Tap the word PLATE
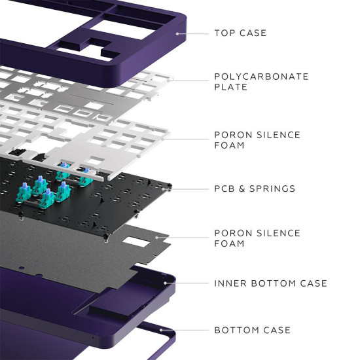[x=230, y=87]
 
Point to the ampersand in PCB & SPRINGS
[x=244, y=189]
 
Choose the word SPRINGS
[x=273, y=189]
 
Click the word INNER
[x=230, y=283]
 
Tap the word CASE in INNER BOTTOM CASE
[x=312, y=283]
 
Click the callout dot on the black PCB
[x=170, y=189]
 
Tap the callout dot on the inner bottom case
[x=173, y=283]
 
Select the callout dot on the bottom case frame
[x=173, y=330]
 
